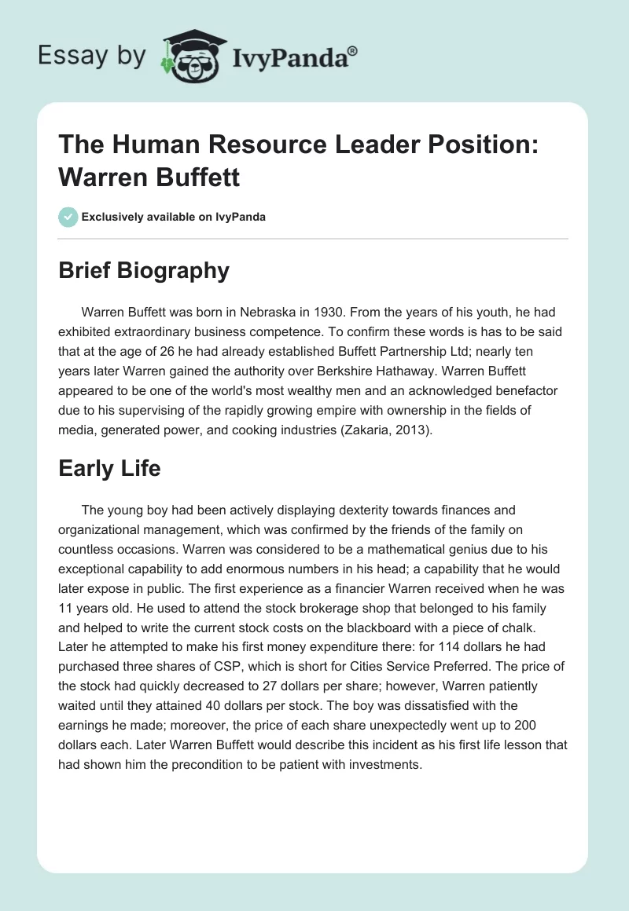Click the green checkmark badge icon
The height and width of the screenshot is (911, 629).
tap(68, 217)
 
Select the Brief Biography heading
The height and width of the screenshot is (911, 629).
tap(144, 270)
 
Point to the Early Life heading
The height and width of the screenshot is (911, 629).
tap(109, 468)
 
